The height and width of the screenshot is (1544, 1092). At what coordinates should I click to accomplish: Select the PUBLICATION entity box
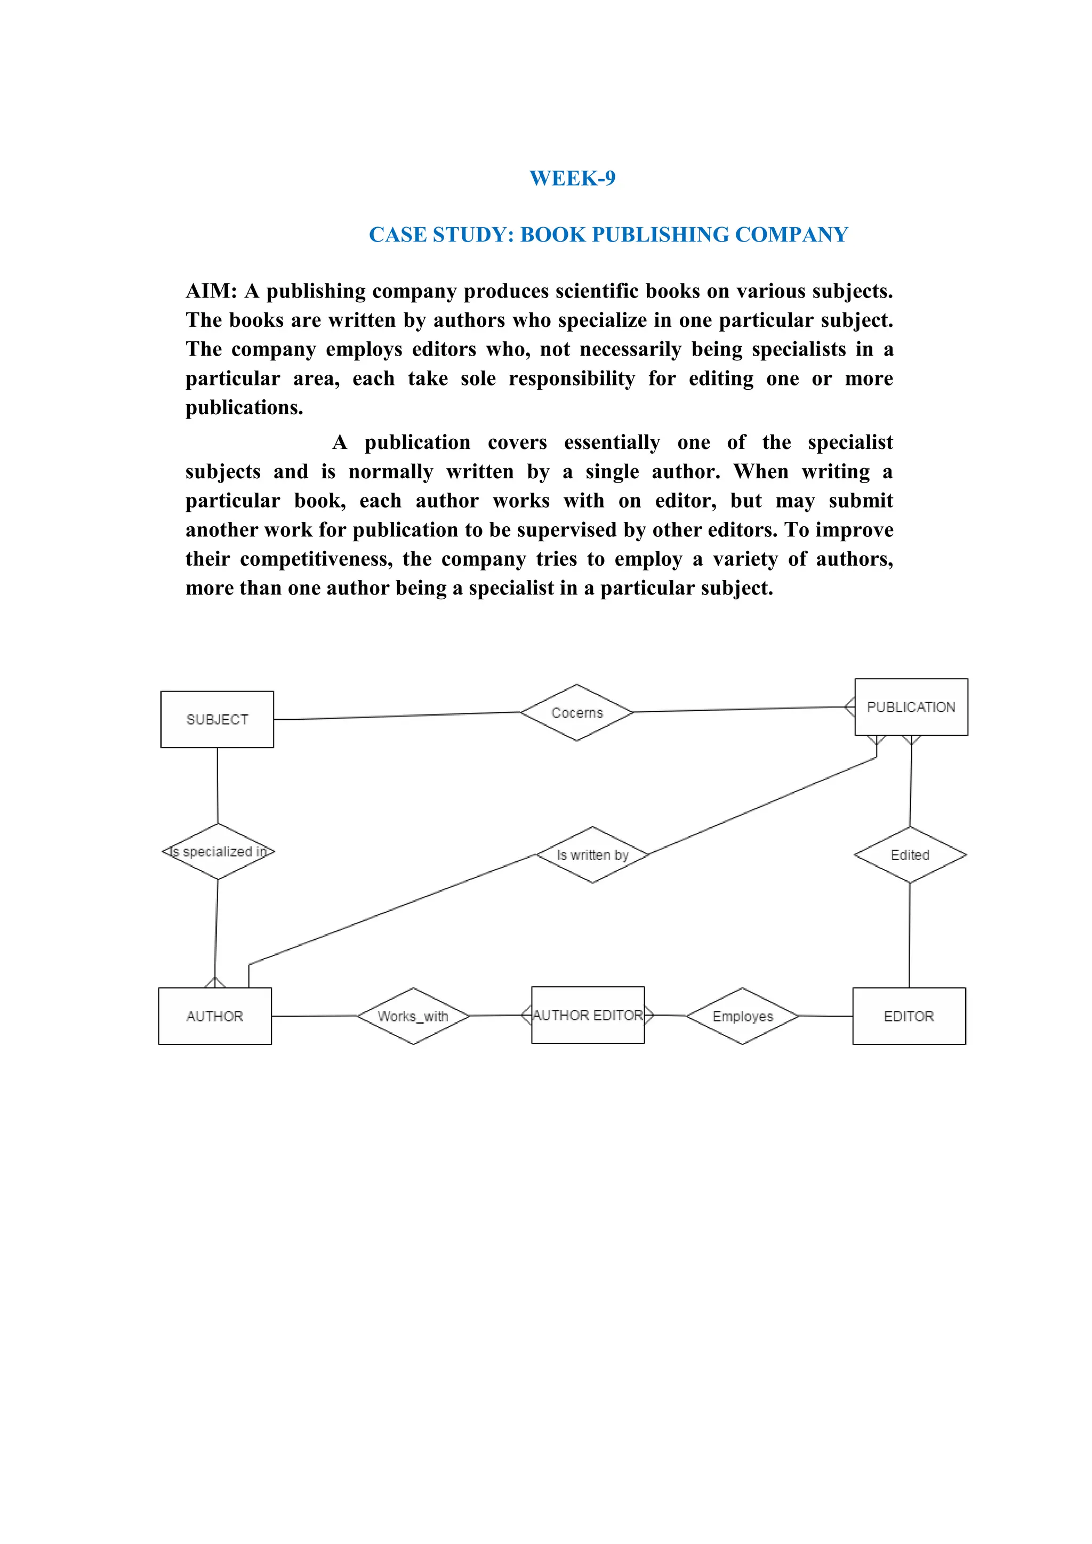pos(911,707)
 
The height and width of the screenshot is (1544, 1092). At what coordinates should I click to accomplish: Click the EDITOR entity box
pos(909,1016)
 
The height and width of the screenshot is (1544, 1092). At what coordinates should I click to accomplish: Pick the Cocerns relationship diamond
pos(576,713)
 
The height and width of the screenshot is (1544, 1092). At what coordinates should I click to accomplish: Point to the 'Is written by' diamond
pos(592,855)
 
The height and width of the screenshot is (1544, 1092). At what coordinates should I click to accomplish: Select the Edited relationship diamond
pos(910,855)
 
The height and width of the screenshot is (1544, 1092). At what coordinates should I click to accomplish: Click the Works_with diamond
pos(413,1016)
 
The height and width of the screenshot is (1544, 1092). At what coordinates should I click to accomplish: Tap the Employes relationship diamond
pos(742,1016)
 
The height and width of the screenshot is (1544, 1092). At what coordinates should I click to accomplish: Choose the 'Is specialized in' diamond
pos(218,851)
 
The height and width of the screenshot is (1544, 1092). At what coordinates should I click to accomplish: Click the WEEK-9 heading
pos(572,178)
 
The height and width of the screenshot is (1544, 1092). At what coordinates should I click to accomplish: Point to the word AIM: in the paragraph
pos(211,291)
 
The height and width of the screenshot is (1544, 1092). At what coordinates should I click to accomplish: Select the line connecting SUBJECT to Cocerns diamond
pos(397,716)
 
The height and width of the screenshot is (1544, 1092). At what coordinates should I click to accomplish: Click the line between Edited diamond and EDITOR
pos(909,935)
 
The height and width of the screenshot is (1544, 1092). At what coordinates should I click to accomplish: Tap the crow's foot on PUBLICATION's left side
pos(849,707)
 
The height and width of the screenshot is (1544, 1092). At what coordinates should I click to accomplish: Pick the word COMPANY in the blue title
pos(791,235)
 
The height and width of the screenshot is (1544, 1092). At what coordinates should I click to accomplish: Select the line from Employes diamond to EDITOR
pos(826,1016)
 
